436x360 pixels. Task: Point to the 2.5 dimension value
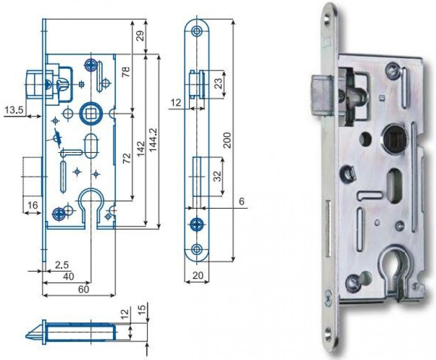pos(61,265)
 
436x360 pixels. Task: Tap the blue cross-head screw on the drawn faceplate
pos(197,224)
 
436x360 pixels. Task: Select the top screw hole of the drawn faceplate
pos(198,31)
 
